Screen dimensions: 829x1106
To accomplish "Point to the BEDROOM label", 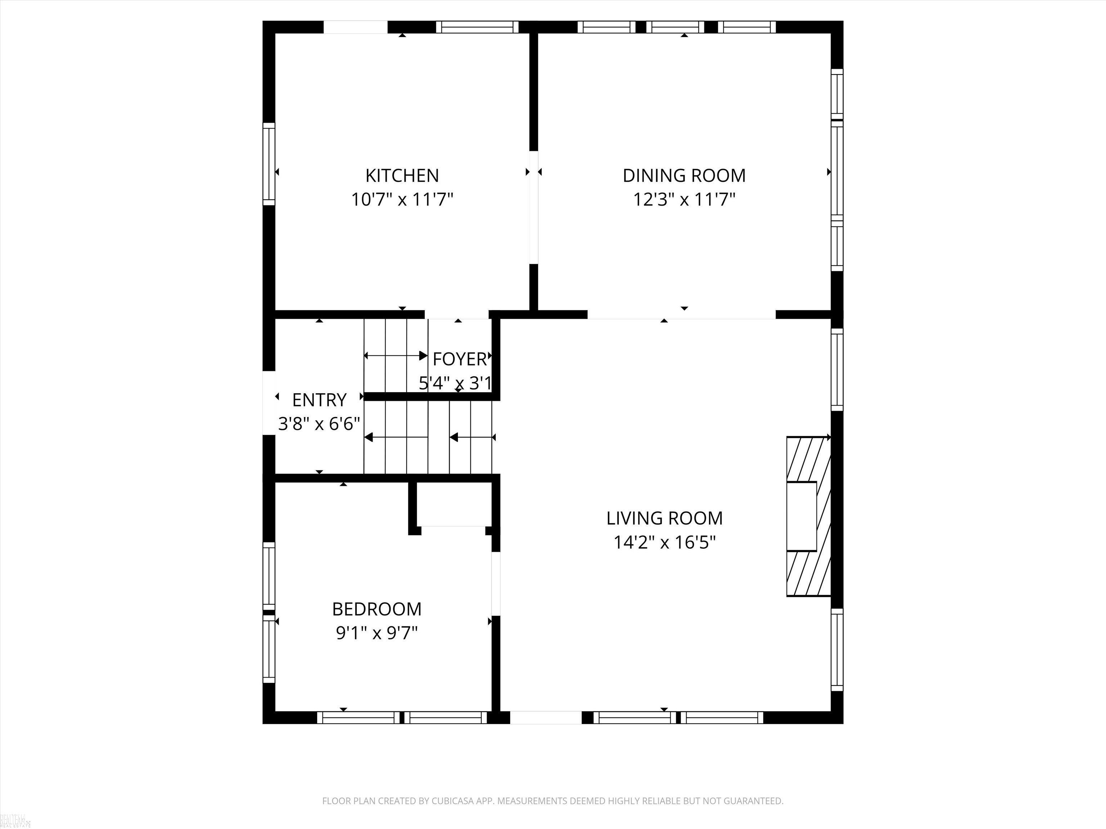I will click(x=377, y=609).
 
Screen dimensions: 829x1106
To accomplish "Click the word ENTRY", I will click(x=319, y=400).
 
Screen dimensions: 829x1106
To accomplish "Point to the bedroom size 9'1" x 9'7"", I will click(x=377, y=633).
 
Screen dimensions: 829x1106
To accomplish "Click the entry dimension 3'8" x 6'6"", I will click(x=319, y=424).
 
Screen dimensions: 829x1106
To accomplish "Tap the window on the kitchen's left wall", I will click(x=269, y=164).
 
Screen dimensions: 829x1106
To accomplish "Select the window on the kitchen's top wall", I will click(x=477, y=27).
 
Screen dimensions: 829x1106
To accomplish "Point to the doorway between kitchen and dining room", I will click(x=534, y=207).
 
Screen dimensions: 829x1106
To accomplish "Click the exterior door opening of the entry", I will click(x=269, y=403).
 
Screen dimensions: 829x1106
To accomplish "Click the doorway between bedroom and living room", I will click(x=496, y=583).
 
